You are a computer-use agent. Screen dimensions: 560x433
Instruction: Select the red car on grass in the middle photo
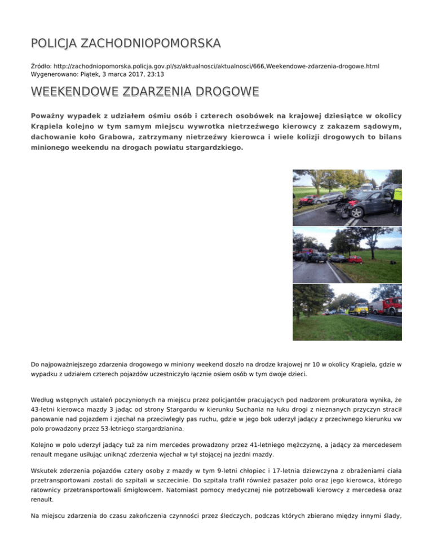[x=355, y=259]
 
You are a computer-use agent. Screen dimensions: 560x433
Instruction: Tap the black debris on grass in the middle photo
[x=392, y=262]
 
